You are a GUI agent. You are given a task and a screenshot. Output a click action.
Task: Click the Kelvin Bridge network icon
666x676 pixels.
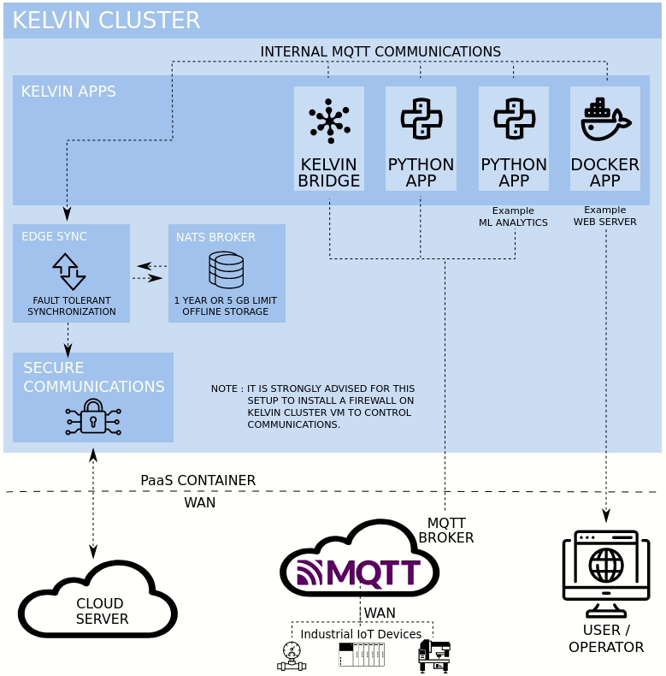[x=329, y=121]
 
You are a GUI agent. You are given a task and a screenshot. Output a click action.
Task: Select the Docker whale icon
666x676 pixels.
[x=605, y=120]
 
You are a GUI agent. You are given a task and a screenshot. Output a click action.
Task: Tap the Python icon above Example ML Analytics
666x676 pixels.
[x=514, y=119]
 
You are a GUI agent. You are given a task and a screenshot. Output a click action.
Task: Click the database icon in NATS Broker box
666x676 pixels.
[x=226, y=270]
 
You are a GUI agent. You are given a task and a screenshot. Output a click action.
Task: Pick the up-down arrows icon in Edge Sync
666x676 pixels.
[x=69, y=271]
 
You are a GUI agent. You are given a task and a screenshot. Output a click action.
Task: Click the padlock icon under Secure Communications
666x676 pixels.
[x=93, y=417]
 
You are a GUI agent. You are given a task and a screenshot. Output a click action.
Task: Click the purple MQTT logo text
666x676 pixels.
[x=359, y=572]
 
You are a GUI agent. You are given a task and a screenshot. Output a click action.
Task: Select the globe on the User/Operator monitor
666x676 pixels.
[x=606, y=566]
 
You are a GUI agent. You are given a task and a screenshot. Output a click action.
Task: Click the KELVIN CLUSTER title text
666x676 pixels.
[x=106, y=21]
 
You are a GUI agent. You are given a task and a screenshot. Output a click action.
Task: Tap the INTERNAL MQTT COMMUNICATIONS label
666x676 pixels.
[x=380, y=52]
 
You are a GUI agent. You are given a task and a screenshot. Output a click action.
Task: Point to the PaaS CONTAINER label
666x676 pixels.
[x=197, y=480]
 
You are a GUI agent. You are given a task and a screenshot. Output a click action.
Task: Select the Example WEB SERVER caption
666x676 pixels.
[x=604, y=216]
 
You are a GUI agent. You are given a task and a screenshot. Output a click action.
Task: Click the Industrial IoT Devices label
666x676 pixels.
[x=361, y=634]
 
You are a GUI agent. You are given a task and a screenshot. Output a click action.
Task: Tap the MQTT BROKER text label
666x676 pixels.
[x=445, y=530]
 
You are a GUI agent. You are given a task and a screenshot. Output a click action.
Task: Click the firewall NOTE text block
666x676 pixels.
[x=313, y=406]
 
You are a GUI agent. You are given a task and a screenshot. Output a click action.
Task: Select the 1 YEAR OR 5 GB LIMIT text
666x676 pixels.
[x=226, y=300]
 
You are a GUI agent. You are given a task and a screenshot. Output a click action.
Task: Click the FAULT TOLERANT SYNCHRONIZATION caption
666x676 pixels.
[x=71, y=305]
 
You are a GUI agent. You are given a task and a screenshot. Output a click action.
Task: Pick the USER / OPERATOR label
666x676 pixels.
[x=606, y=638]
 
